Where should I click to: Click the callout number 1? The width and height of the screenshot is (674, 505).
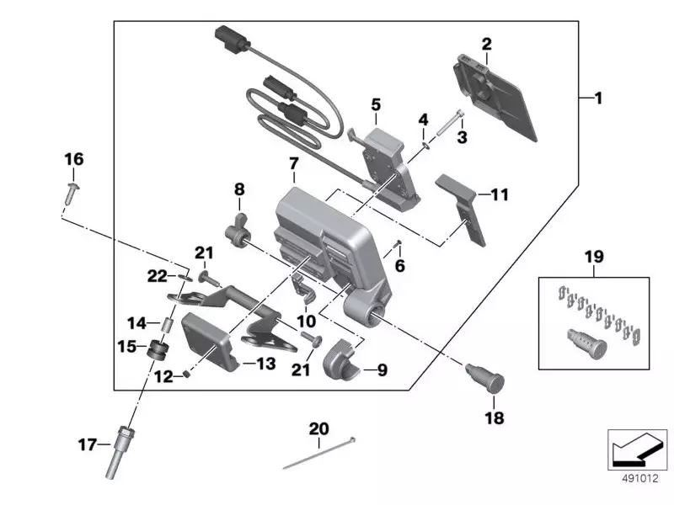[x=598, y=98]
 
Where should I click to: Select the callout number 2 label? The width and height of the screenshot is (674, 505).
[x=486, y=43]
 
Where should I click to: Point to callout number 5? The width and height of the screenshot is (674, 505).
[x=376, y=104]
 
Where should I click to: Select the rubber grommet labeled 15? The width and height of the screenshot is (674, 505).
[x=157, y=350]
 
